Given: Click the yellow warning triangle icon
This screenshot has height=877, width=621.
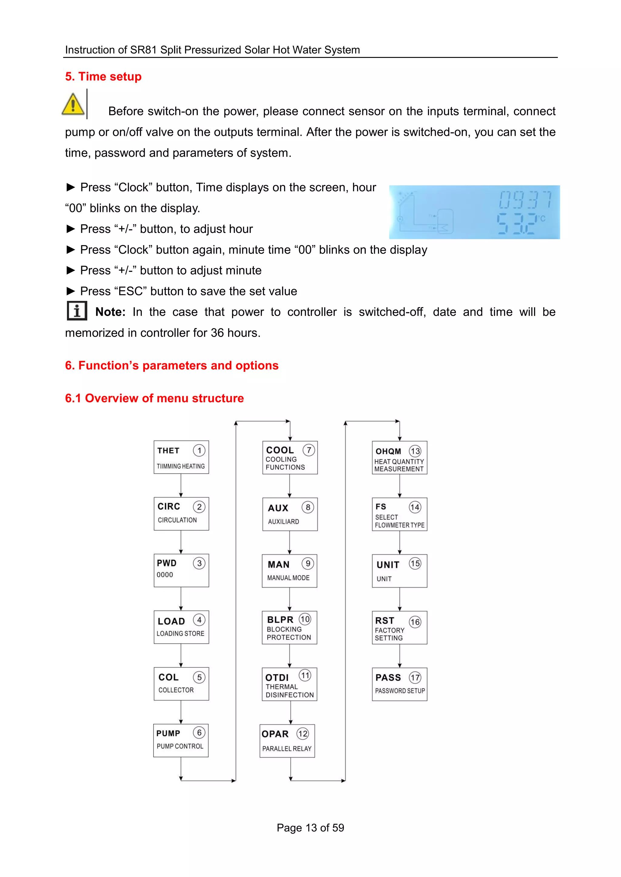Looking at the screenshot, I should click(73, 104).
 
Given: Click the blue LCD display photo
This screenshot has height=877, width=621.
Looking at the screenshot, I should click(474, 212).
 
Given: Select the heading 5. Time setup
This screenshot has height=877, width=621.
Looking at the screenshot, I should click(103, 76).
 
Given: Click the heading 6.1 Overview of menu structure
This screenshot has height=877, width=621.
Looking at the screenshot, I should click(154, 398).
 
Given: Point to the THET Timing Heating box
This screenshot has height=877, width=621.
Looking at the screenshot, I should click(181, 457).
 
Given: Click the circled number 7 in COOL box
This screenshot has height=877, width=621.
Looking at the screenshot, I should click(309, 450).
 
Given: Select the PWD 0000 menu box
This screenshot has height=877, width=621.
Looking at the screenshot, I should click(181, 570).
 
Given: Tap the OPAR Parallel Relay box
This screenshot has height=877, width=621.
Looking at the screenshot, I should click(287, 741).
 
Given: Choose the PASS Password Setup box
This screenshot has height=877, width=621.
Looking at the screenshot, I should click(400, 684).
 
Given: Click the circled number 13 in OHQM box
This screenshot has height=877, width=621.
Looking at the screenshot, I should click(415, 451).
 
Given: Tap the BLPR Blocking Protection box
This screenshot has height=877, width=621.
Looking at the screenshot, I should click(290, 628).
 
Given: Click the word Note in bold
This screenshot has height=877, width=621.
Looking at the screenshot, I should click(110, 312).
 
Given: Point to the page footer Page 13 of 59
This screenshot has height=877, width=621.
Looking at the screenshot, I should click(310, 828).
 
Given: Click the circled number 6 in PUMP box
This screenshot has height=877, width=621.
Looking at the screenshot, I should click(199, 733).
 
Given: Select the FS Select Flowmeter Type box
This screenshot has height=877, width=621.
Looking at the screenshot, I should click(400, 514).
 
